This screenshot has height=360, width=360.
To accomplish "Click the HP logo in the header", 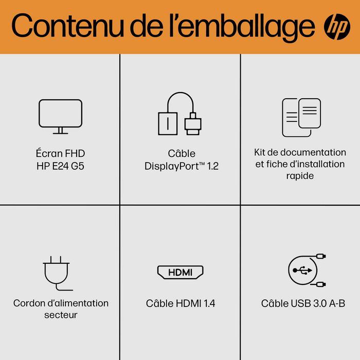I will pos(337,26).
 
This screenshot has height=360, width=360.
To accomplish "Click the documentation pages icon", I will pos(301,117).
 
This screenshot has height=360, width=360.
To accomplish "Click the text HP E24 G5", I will pos(60,165).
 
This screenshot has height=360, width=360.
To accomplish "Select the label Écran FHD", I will pos(60,153).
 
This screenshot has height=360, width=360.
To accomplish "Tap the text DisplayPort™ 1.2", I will pos(181,166).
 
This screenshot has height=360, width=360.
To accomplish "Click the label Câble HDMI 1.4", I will pos(181,303).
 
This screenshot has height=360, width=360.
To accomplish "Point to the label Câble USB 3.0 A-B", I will pos(303,303).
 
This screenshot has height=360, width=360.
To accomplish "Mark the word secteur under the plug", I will pos(61,315).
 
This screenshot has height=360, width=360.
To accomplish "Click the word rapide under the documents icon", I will pos(300,176).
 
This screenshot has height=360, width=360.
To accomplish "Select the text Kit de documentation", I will pos(300,152).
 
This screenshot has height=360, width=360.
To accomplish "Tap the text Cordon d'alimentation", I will pos(61,303).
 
